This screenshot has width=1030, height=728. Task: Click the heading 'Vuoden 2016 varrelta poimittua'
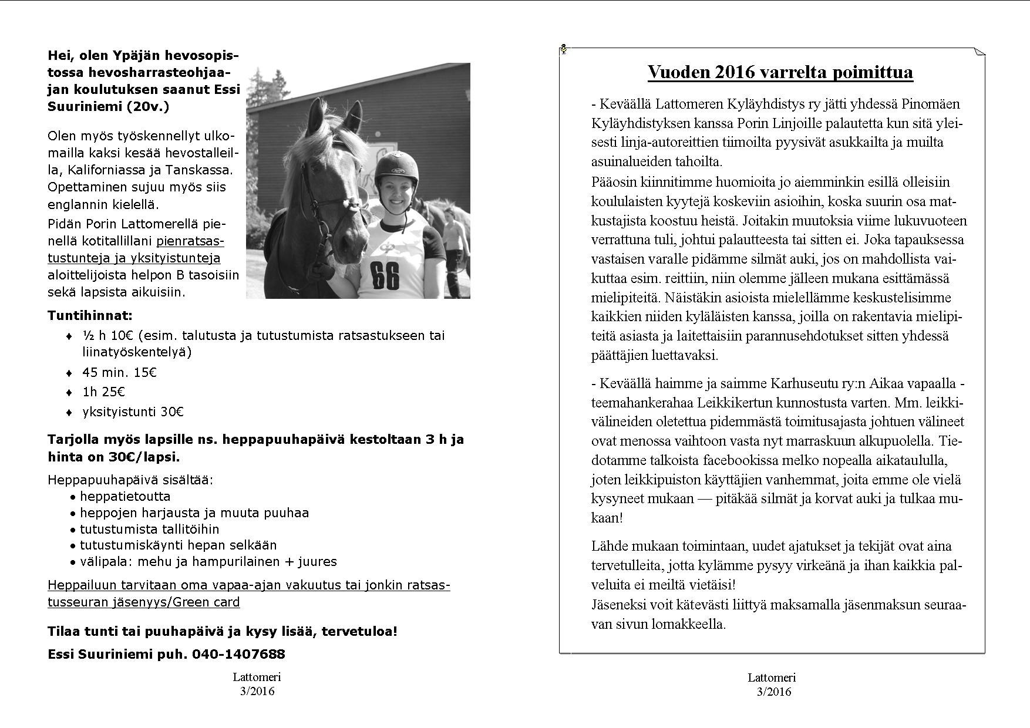(x=780, y=72)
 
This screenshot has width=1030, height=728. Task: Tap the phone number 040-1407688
(x=238, y=654)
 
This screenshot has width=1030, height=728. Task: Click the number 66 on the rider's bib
(x=384, y=275)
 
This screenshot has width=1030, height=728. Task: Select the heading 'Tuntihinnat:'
(x=90, y=316)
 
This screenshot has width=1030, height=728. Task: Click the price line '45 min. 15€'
(x=119, y=373)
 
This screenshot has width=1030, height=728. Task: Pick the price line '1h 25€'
(x=103, y=392)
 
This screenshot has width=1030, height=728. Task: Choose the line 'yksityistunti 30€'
(x=133, y=412)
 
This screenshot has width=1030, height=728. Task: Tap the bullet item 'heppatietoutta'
(x=125, y=497)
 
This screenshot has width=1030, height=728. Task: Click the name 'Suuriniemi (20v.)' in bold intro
(x=108, y=107)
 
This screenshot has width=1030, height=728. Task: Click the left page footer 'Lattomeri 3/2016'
(x=257, y=684)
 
